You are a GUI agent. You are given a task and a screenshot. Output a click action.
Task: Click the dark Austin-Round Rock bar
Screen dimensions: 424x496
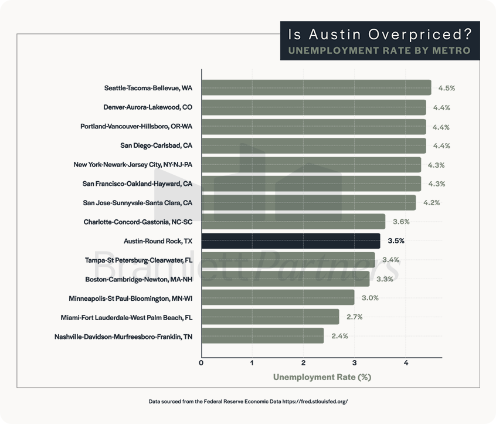pos(291,240)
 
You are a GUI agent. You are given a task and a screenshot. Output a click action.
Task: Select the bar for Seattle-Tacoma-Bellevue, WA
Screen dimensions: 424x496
pos(316,88)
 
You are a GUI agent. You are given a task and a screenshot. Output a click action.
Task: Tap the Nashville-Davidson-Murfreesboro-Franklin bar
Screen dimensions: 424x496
pos(263,336)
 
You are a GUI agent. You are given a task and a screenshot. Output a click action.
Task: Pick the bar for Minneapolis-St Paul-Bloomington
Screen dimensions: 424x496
pos(278,297)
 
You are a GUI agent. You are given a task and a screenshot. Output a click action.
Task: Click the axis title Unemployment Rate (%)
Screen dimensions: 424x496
pos(322,377)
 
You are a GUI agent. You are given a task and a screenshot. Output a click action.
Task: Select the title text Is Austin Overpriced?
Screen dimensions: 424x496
pos(380,34)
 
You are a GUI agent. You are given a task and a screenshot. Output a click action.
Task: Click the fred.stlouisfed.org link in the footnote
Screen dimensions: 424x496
pos(314,402)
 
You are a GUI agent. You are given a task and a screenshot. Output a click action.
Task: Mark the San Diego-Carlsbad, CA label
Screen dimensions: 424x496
pos(156,145)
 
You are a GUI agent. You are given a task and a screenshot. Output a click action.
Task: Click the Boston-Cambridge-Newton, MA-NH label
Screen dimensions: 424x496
pos(138,279)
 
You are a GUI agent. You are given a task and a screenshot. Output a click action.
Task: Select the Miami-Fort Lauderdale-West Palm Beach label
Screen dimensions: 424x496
pos(127,317)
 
